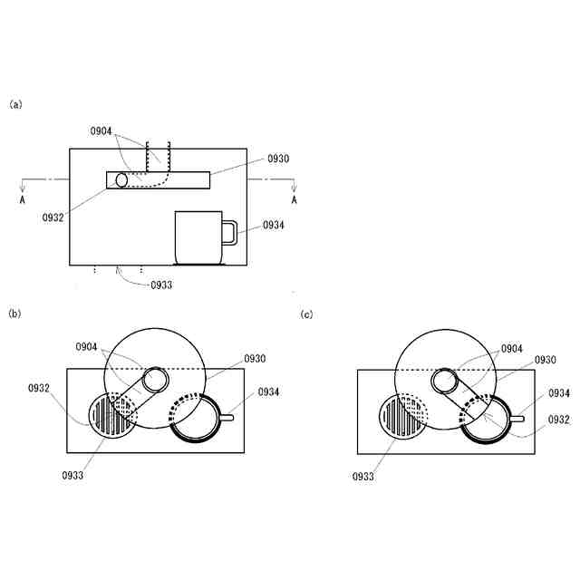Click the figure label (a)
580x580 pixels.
click(x=15, y=105)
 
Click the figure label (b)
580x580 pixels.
click(x=14, y=314)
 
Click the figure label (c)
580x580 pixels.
click(x=306, y=314)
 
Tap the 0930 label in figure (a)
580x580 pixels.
click(x=278, y=159)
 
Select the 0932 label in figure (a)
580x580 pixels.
click(x=53, y=217)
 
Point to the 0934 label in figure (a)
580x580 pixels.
click(x=274, y=225)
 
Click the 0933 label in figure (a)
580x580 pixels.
click(x=161, y=285)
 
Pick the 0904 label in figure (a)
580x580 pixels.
click(x=101, y=130)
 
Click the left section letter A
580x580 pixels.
click(x=22, y=199)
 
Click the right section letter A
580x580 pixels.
click(x=294, y=199)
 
